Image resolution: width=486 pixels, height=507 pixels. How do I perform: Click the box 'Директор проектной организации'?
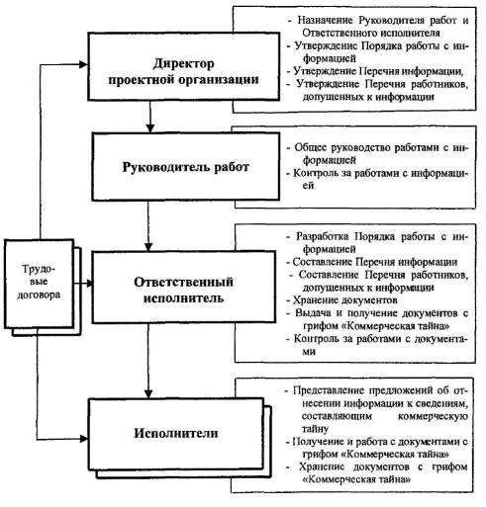(x=183, y=66)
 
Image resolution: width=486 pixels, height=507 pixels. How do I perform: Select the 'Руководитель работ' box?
(x=186, y=167)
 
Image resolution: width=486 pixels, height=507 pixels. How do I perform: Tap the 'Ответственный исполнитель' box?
(x=184, y=287)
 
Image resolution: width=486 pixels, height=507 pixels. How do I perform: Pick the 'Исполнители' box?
(x=176, y=434)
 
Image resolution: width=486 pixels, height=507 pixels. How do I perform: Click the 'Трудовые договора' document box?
(x=39, y=284)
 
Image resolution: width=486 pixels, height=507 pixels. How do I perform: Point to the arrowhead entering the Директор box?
(x=84, y=64)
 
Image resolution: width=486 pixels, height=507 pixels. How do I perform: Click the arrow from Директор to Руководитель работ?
(x=150, y=117)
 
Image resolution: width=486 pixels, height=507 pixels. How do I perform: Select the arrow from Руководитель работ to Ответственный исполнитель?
(x=148, y=226)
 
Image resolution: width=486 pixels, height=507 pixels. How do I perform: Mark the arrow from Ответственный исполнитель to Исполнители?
(x=148, y=361)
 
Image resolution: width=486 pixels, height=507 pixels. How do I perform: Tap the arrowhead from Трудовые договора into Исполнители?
(x=84, y=439)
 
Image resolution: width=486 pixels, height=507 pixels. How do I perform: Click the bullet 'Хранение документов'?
(x=345, y=300)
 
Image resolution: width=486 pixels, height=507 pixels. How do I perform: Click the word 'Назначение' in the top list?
(x=325, y=20)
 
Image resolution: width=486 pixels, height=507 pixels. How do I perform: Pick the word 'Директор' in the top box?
(x=183, y=63)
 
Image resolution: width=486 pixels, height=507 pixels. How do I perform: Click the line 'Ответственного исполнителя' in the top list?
(x=371, y=33)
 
